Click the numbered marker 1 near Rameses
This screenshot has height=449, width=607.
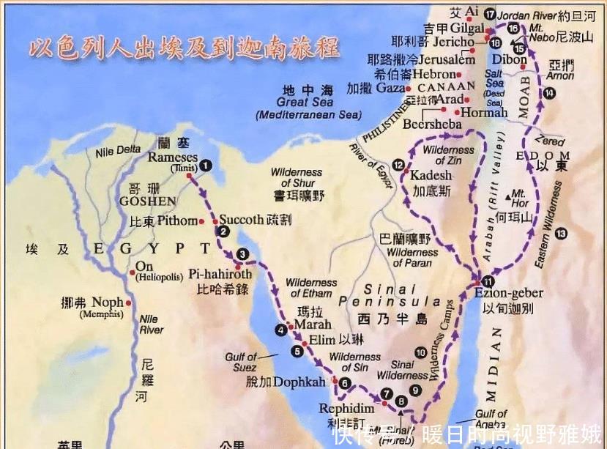click(206, 166)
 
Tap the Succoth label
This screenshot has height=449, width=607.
click(241, 220)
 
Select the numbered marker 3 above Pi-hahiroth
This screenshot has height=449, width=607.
click(242, 255)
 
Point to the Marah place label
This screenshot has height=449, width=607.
click(313, 324)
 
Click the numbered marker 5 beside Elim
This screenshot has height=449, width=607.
click(297, 351)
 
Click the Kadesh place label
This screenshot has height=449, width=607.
click(431, 177)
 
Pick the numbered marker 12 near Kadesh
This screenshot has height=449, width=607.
click(398, 165)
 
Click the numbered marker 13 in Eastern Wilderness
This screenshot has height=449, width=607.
click(561, 234)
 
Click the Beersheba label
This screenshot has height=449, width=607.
click(433, 125)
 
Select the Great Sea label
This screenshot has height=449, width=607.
click(305, 103)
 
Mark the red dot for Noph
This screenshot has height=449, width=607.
click(130, 303)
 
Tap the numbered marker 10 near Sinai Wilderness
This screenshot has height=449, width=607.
click(420, 352)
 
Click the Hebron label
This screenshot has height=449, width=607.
click(434, 74)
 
